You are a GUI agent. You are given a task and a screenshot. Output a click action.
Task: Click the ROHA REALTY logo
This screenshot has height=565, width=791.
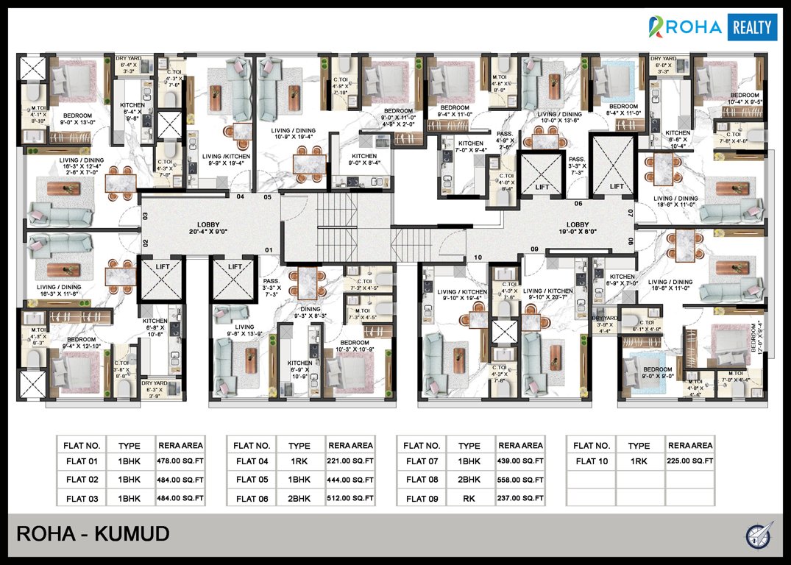(x=712, y=28)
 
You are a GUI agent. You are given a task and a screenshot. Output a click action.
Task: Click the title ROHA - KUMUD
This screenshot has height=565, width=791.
(x=93, y=533)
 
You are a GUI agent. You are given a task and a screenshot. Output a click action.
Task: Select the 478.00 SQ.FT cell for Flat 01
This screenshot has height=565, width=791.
(x=180, y=462)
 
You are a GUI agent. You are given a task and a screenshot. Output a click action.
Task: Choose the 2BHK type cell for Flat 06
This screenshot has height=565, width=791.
(x=299, y=498)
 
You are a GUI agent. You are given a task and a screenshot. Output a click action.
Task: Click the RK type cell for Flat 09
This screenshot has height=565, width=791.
(x=469, y=498)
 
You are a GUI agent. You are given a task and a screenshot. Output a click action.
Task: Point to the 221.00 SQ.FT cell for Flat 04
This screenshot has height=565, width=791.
(x=350, y=462)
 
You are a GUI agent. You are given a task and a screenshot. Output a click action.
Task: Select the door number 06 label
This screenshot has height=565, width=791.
(x=578, y=204)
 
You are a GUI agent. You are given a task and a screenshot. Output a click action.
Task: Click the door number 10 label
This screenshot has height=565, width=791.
(x=478, y=257)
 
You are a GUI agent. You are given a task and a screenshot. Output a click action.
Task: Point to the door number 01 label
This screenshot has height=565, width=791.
(x=269, y=251)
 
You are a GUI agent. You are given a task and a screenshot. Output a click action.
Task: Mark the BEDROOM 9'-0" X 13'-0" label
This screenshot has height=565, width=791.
(x=77, y=119)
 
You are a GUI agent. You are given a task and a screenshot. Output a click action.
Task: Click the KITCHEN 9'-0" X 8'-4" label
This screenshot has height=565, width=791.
(x=364, y=160)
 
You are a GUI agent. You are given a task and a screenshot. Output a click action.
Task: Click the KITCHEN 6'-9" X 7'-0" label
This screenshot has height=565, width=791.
(x=622, y=280)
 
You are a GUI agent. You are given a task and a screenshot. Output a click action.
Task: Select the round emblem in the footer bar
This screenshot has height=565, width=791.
(x=758, y=534)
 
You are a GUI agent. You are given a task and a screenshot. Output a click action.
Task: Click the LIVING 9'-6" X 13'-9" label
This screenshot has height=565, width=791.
(x=244, y=331)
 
